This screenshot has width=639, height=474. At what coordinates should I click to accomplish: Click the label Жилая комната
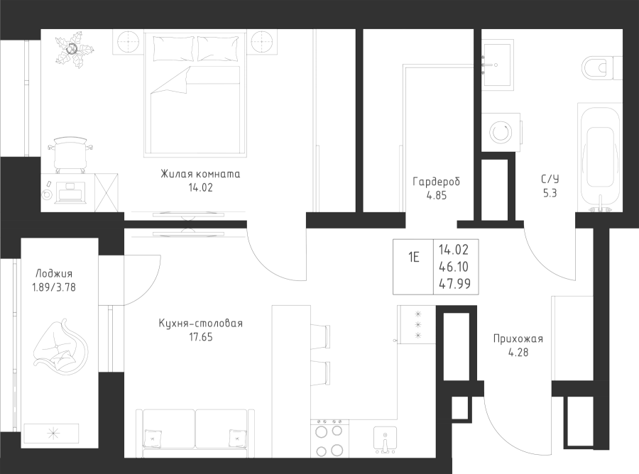coord(201,174)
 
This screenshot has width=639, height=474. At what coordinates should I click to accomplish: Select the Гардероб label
coord(437,182)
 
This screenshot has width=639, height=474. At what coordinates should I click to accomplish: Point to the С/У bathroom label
coord(550,180)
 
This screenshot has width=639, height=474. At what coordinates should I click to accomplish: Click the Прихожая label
coord(518,338)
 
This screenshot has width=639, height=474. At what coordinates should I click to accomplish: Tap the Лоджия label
coord(53,273)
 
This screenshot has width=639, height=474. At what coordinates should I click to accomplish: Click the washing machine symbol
coord(502,132)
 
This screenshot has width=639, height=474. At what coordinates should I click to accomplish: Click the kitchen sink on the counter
coord(383,440)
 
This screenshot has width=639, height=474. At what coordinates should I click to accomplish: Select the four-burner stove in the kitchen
coord(327,439)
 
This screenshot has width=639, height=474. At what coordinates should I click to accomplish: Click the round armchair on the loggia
coord(60,348)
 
